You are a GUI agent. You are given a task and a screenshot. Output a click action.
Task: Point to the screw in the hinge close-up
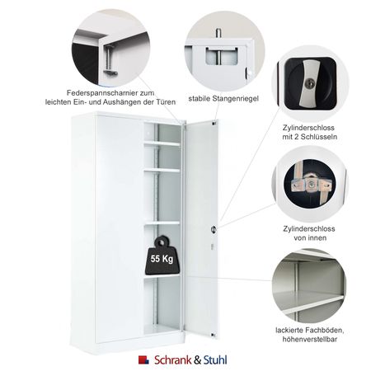coord(109,58)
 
